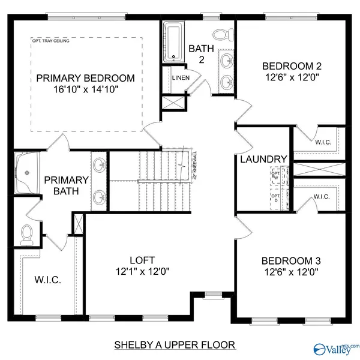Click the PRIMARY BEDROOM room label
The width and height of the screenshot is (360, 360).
coord(85,79)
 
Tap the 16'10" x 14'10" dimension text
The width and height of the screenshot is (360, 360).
coord(85,89)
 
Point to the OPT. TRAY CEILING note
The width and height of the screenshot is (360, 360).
coord(52,41)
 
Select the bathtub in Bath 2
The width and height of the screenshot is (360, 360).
coord(175,42)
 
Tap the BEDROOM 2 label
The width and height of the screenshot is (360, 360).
coord(291,66)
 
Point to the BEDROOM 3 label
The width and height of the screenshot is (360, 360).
coord(291,261)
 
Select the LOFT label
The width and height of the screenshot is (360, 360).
coord(142,260)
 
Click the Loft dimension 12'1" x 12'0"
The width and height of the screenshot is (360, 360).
coord(142,271)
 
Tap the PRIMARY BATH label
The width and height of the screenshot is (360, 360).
coord(66,185)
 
